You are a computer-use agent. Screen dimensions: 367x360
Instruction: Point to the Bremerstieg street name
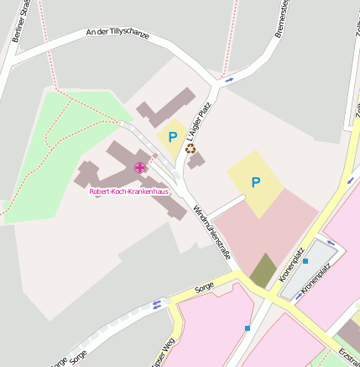[282, 18]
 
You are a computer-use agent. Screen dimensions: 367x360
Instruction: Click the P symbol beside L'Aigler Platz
[173, 137]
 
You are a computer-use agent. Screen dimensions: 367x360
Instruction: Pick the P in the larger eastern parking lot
[255, 181]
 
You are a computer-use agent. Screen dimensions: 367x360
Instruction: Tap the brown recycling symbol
[190, 148]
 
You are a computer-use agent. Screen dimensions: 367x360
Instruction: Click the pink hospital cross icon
[139, 167]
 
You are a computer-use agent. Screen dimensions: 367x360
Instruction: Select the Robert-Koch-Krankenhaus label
[128, 191]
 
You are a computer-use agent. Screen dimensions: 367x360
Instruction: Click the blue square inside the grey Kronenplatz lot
[305, 261]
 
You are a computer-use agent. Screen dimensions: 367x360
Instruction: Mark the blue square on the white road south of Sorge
[248, 328]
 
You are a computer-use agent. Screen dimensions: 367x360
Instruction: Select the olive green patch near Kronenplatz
[263, 269]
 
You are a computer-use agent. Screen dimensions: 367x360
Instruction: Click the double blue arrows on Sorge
[156, 304]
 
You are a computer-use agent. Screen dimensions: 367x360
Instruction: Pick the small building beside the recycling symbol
[196, 159]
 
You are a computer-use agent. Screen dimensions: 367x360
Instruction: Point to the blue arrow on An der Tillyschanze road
[230, 80]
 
